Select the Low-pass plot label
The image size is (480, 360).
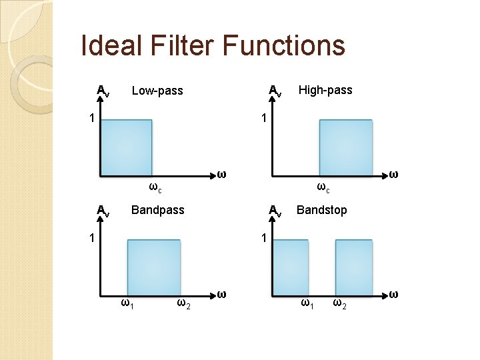point(157,91)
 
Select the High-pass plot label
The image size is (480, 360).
point(325,89)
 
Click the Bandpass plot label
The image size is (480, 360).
point(158,210)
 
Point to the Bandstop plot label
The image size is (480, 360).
point(322,210)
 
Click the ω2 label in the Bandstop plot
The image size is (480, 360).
point(339,304)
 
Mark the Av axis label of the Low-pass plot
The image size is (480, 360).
point(103,91)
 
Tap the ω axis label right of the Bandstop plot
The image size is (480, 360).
point(394,293)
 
